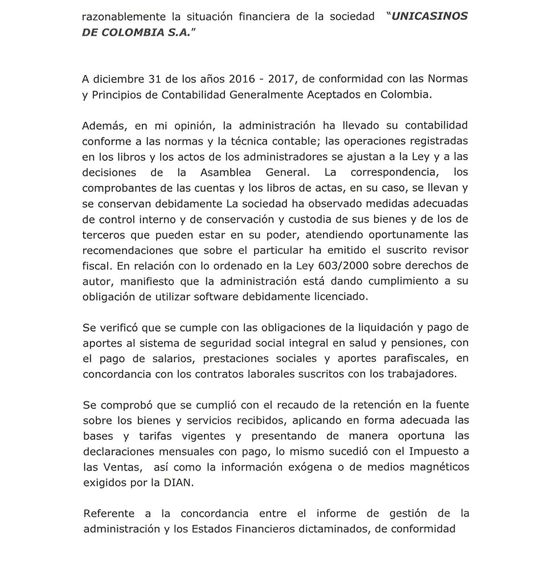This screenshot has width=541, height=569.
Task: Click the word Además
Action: point(103,125)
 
